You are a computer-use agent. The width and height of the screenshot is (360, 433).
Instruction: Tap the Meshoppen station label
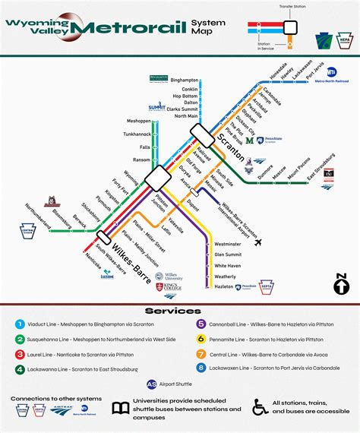click(x=138, y=121)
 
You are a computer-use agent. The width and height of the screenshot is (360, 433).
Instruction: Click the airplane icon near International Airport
click(x=259, y=242)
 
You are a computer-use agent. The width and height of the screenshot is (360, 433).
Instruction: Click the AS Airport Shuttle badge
click(x=152, y=384)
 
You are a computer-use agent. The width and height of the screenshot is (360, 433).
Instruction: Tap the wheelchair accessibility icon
click(x=260, y=407)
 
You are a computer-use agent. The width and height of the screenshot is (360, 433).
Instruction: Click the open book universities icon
click(x=120, y=407)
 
